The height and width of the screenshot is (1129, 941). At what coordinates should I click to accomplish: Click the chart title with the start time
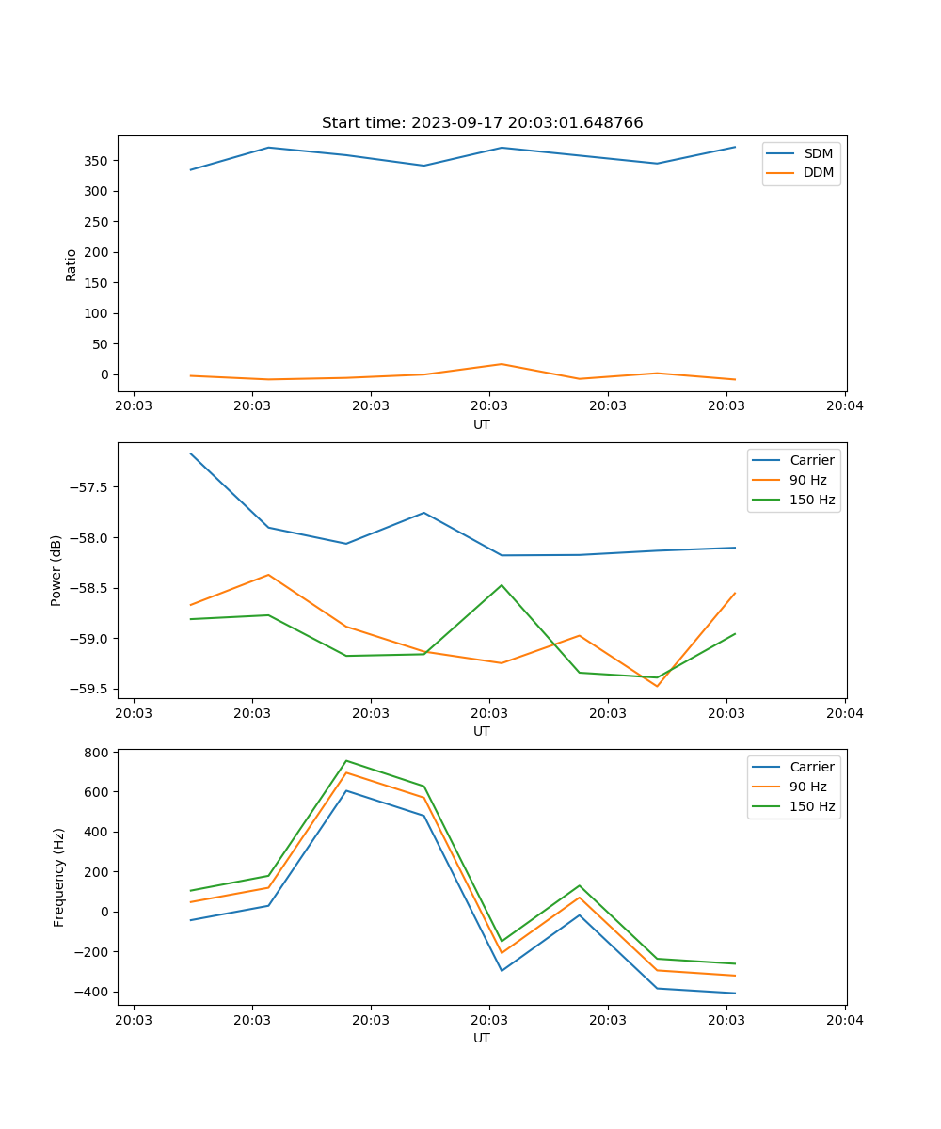tap(482, 123)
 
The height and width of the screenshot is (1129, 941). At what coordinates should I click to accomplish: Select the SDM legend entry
tap(818, 153)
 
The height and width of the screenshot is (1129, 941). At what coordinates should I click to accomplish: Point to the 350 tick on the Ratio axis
tap(97, 161)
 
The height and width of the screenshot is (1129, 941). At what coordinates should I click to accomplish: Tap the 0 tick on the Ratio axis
tap(104, 374)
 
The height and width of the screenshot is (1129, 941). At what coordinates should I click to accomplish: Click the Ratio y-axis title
tap(72, 264)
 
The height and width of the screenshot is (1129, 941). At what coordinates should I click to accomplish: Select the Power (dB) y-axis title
tap(56, 571)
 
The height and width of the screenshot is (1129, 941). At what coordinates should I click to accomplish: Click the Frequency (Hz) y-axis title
tap(59, 877)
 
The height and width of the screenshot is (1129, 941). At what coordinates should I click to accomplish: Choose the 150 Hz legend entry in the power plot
tap(811, 500)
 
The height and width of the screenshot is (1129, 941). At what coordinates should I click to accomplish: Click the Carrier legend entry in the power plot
tap(811, 460)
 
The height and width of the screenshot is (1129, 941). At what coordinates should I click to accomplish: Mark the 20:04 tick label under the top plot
tap(844, 406)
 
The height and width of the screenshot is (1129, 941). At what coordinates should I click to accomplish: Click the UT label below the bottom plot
tap(481, 1039)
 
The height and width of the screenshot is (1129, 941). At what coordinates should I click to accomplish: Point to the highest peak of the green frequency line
tap(346, 760)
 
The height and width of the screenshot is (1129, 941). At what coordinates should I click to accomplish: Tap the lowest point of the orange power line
tap(657, 686)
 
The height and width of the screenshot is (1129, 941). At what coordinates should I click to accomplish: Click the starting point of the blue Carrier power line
tap(191, 453)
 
